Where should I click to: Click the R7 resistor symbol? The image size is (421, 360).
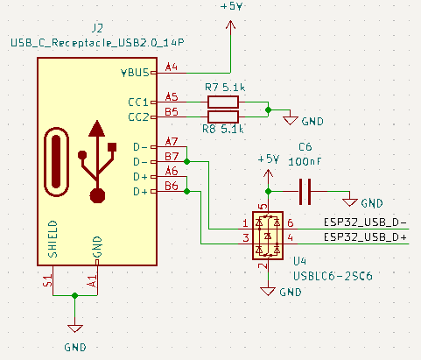[x=223, y=102]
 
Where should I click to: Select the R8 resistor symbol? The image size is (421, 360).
[x=223, y=116]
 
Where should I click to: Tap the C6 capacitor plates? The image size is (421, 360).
[x=305, y=192]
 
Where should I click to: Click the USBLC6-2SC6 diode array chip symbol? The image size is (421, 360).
[x=268, y=236]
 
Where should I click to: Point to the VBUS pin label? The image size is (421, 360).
[x=135, y=73]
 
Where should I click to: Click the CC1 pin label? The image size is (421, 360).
[x=138, y=102]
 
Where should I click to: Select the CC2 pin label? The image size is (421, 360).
[x=138, y=117]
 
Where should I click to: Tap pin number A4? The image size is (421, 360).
[x=172, y=67]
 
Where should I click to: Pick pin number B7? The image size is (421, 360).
[x=172, y=157]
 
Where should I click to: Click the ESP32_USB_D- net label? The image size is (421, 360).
[x=365, y=222]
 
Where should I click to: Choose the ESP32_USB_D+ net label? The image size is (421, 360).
[x=365, y=237]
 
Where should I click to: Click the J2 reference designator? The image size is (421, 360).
[x=97, y=28]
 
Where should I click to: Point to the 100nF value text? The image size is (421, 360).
[x=305, y=161]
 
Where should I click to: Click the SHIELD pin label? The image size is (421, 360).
[x=53, y=239]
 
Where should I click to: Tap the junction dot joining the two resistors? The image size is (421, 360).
[x=268, y=110]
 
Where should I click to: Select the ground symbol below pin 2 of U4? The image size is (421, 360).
[x=268, y=292]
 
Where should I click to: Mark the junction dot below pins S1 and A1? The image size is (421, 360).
[x=75, y=295]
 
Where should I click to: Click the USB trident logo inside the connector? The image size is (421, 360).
[x=97, y=161]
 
